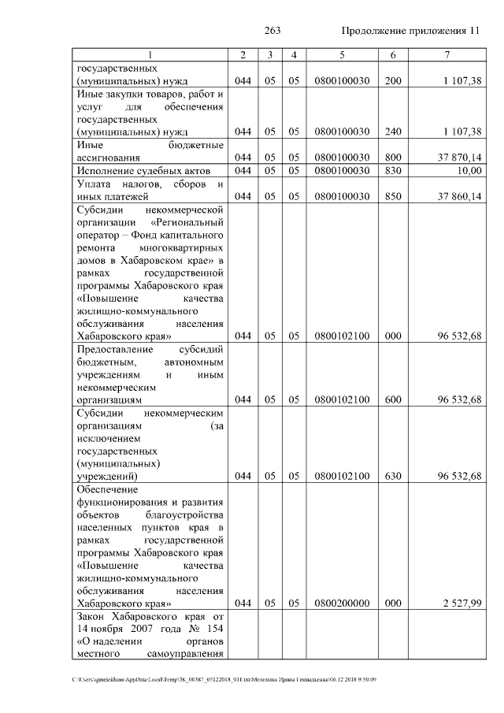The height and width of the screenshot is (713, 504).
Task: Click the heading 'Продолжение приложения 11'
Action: pyautogui.click(x=409, y=31)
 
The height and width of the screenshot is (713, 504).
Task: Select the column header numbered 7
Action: pyautogui.click(x=447, y=54)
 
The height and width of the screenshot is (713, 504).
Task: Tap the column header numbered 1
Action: pyautogui.click(x=150, y=54)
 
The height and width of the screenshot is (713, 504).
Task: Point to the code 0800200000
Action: pyautogui.click(x=342, y=603)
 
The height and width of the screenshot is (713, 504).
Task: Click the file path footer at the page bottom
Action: pyautogui.click(x=224, y=678)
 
